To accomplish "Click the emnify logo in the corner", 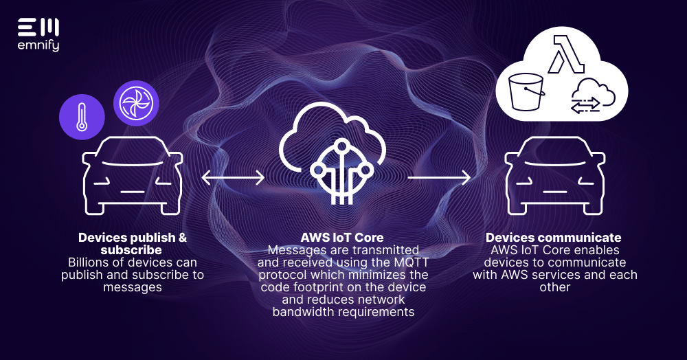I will click(38, 35).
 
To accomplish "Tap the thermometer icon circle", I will click(82, 115).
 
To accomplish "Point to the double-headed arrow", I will click(233, 178).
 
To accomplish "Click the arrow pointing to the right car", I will click(439, 178).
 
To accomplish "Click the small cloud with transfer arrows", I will click(586, 95).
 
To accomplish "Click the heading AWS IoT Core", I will click(343, 238).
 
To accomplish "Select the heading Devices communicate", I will click(554, 238).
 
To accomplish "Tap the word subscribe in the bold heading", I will click(131, 250).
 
